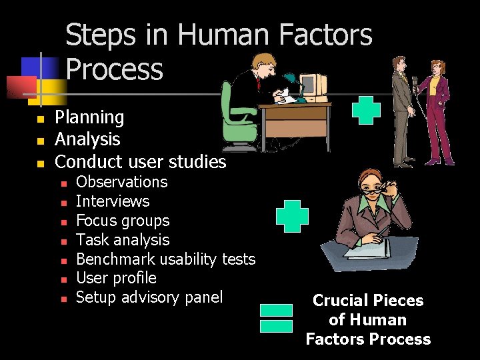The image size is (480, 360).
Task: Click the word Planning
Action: [x=89, y=118]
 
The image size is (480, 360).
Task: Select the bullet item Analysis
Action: [x=87, y=139]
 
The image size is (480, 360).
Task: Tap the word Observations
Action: [x=122, y=182]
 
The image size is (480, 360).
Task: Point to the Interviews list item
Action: [x=113, y=201]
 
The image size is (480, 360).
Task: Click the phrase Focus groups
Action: [x=123, y=221]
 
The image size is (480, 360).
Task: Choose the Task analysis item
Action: [x=123, y=240]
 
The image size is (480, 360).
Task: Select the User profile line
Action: [x=116, y=278]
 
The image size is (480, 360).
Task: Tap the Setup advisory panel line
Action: [x=149, y=297]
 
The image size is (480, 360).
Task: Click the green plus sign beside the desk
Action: [x=366, y=111]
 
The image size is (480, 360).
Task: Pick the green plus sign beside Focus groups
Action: [x=292, y=216]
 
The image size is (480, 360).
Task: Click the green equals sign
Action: [x=276, y=318]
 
